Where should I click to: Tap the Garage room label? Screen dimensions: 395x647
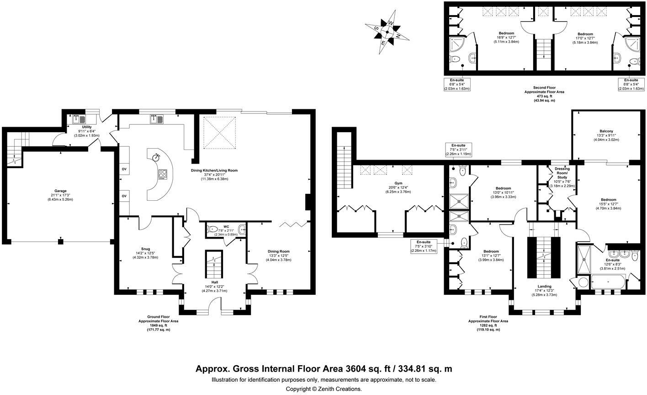click(61, 191)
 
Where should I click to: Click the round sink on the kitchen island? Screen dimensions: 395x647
click(157, 157)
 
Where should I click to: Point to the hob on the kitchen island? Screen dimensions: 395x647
click(163, 174)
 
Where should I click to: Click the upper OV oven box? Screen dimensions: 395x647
click(124, 169)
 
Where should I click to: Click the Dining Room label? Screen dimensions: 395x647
click(278, 251)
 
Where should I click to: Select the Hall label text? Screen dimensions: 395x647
click(215, 282)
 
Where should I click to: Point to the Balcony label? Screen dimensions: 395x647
click(607, 131)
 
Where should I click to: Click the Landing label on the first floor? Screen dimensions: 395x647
click(544, 286)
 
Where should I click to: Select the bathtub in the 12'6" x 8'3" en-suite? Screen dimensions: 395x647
click(607, 282)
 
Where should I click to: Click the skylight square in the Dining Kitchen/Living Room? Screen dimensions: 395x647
click(221, 133)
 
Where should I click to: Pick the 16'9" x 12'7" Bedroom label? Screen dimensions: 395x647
click(506, 33)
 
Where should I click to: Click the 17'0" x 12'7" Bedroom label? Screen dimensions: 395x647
click(585, 34)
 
